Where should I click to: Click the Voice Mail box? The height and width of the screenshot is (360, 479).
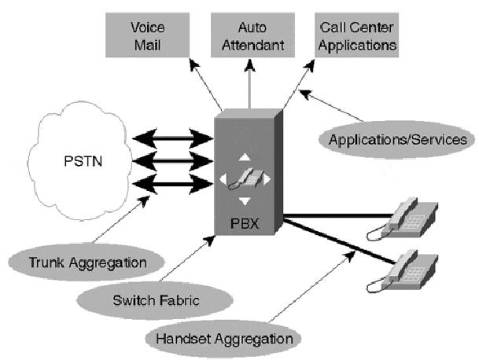pos(147,35)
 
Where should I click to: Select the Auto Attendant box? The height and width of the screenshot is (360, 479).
pos(249,35)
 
